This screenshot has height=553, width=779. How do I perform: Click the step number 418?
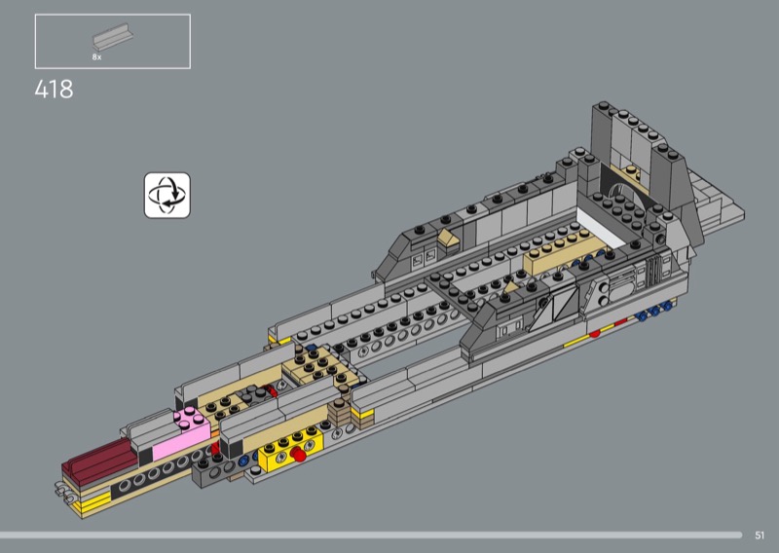(x=54, y=90)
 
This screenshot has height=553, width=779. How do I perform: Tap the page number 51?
(x=760, y=535)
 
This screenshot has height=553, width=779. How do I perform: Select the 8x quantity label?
(x=96, y=57)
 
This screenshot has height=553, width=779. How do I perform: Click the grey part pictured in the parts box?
(x=113, y=36)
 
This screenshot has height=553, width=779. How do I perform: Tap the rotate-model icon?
(x=167, y=196)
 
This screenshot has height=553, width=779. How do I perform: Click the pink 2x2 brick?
(x=183, y=432)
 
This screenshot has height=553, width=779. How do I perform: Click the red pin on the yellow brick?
(x=299, y=454)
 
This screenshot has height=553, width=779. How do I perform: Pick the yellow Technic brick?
(x=290, y=450)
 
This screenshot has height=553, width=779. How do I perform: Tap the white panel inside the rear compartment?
(x=601, y=226)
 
